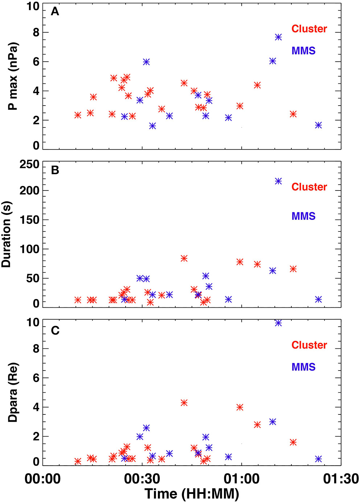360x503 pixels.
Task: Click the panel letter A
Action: point(55,12)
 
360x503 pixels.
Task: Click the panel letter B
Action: point(55,170)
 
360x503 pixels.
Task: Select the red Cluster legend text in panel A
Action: point(309,29)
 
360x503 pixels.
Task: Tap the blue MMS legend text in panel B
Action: point(303,216)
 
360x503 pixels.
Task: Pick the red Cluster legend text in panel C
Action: point(309,345)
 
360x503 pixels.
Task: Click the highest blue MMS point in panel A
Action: point(278,37)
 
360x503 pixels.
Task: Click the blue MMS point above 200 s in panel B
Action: point(278,181)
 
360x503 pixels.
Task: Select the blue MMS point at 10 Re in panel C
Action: point(278,323)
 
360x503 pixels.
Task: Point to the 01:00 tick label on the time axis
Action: point(241,478)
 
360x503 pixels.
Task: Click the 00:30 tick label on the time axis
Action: point(142,478)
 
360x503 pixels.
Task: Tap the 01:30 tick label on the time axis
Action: point(341,478)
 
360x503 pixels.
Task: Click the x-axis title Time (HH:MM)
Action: point(192,494)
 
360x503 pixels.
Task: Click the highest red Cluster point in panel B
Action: point(184,258)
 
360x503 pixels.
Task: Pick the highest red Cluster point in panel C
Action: point(184,403)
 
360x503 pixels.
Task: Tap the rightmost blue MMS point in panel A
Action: point(318,125)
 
